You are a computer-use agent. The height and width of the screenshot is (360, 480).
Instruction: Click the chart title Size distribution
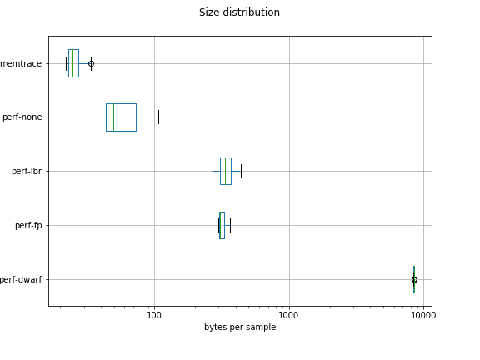click(239, 12)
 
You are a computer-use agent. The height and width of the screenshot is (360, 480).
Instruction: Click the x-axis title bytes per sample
click(239, 327)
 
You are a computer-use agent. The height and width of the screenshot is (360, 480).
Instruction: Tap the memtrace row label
click(21, 63)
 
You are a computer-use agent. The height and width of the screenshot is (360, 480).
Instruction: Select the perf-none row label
click(22, 117)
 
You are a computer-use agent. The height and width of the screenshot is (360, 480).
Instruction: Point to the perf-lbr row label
click(27, 172)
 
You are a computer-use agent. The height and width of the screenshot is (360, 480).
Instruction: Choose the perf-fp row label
click(28, 226)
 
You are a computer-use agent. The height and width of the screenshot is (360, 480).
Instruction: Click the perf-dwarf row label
click(21, 280)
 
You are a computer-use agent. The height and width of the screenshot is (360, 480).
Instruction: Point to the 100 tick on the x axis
click(154, 315)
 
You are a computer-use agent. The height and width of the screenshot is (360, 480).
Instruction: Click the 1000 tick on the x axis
click(288, 315)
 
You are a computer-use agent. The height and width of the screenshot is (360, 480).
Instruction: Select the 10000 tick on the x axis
click(423, 315)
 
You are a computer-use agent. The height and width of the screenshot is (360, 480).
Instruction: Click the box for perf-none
click(122, 117)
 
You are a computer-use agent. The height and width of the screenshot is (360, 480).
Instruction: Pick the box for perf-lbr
click(226, 171)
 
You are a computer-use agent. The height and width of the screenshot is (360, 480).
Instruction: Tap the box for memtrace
click(73, 63)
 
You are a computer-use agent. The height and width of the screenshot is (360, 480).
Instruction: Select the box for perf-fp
click(222, 225)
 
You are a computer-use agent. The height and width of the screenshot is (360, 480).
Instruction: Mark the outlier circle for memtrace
click(91, 63)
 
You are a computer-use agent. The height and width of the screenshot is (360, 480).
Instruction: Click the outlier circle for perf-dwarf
click(414, 279)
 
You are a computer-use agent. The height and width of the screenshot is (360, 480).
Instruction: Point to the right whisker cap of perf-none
click(158, 117)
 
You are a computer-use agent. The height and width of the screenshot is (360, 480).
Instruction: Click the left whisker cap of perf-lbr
click(212, 171)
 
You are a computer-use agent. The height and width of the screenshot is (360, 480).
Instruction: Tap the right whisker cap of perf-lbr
click(241, 171)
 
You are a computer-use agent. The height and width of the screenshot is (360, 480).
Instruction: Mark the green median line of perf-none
click(113, 117)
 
